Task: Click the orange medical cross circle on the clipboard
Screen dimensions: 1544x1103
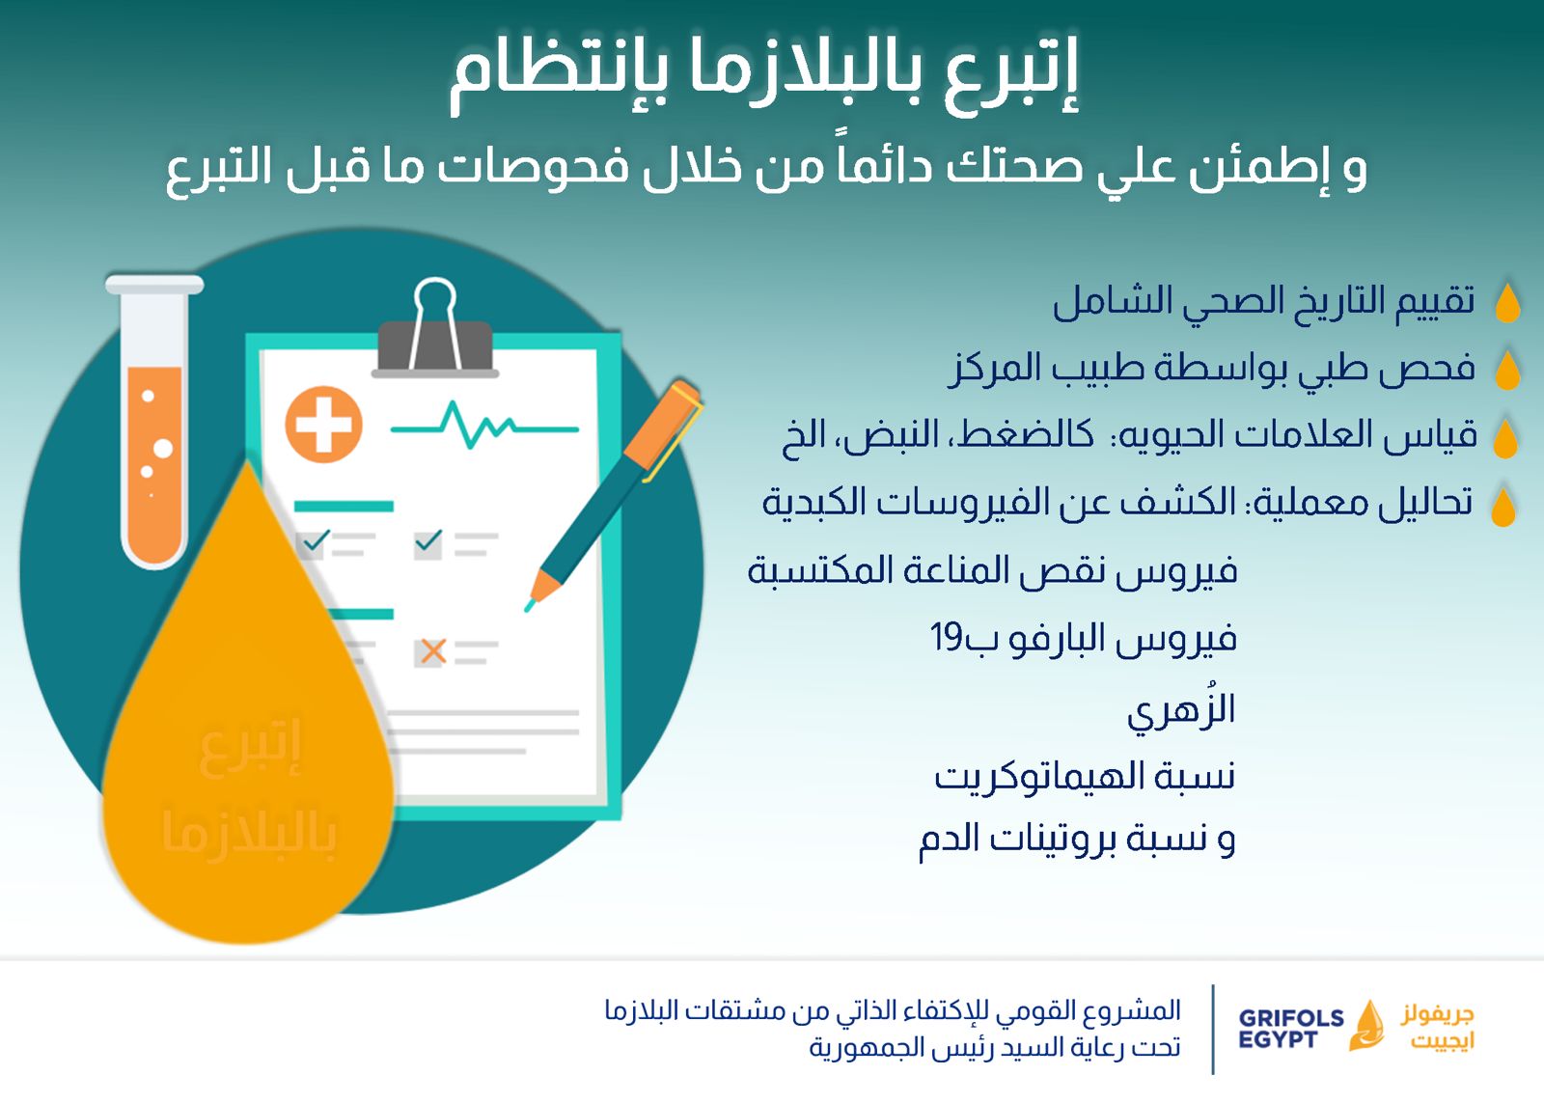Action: [x=323, y=424]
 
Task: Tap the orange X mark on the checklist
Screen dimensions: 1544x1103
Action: [x=433, y=650]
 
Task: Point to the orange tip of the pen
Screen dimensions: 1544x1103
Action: [x=541, y=588]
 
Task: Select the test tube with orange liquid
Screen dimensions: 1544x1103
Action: [x=154, y=422]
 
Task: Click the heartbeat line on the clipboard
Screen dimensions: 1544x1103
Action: [x=483, y=426]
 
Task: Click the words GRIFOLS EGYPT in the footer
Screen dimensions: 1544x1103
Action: [x=1290, y=1029]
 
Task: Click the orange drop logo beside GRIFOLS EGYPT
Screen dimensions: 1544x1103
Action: [x=1367, y=1027]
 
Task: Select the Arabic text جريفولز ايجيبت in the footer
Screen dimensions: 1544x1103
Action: [x=1437, y=1027]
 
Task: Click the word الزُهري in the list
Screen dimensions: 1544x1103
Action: [x=1181, y=709]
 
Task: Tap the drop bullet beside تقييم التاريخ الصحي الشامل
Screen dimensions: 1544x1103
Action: [x=1507, y=302]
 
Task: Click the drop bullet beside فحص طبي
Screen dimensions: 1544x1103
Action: [x=1507, y=370]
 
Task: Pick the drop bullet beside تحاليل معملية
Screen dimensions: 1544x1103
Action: [x=1503, y=506]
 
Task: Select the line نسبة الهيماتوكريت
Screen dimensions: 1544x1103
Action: [x=1085, y=776]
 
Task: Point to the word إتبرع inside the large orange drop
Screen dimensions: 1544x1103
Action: [x=250, y=747]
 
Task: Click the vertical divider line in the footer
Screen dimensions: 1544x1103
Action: [x=1212, y=1029]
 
